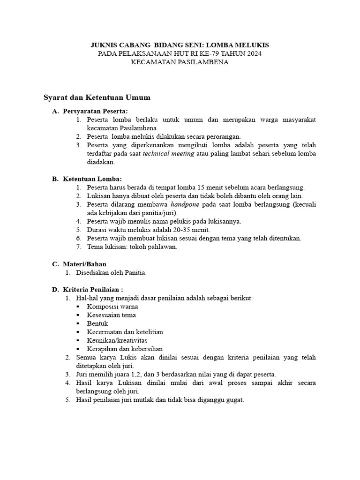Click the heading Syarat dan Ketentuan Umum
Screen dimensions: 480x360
pos(97,97)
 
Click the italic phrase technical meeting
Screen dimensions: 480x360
pos(168,154)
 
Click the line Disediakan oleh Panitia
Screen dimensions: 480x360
pos(112,273)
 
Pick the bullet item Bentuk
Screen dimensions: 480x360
pos(97,323)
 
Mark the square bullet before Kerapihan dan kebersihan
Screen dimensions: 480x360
pos(77,349)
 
